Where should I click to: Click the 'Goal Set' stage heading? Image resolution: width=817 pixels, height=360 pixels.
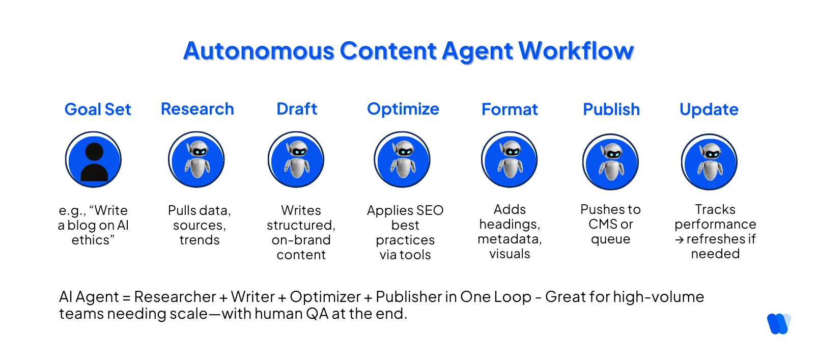(x=98, y=109)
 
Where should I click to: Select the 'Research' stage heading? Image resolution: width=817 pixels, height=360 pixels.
(x=198, y=109)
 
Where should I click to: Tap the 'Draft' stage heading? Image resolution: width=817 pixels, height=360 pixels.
(x=297, y=109)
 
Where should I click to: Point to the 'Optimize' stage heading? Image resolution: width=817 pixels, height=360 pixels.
(x=403, y=109)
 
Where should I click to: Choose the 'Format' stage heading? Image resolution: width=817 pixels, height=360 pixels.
(x=510, y=109)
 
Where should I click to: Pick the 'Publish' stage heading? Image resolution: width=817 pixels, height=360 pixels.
(x=611, y=109)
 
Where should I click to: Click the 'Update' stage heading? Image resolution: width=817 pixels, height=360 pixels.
(x=709, y=109)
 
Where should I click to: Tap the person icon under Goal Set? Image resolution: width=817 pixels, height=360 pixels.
(x=94, y=160)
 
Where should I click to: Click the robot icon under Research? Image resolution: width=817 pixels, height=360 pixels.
(x=196, y=160)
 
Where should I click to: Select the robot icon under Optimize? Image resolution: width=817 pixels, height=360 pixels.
(x=402, y=160)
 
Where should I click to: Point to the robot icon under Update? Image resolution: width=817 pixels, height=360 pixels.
(x=709, y=162)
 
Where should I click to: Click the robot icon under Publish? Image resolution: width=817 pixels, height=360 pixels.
(x=610, y=162)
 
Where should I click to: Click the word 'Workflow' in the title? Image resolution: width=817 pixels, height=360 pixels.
(x=576, y=51)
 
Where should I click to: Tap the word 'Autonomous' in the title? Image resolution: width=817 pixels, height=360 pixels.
(x=259, y=51)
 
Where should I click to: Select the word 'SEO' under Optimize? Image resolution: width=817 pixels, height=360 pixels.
(x=430, y=210)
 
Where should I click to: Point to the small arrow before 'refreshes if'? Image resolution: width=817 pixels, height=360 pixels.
(x=679, y=240)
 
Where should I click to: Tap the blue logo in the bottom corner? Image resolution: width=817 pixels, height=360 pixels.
(x=779, y=324)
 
